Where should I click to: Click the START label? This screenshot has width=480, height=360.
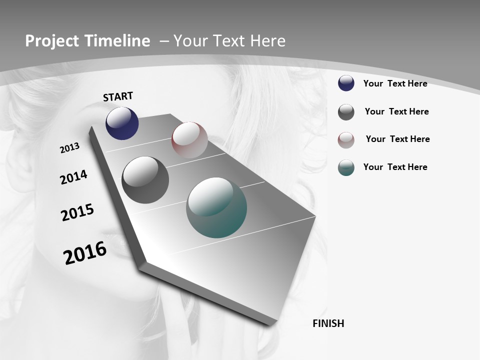click(118, 96)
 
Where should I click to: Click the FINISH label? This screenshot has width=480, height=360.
click(328, 323)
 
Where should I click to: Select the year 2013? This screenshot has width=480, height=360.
click(69, 148)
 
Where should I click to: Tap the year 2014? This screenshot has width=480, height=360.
click(73, 177)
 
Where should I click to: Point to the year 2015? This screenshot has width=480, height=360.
click(77, 212)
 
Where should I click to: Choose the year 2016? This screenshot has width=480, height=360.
click(85, 253)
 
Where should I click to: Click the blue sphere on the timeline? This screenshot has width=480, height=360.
click(122, 123)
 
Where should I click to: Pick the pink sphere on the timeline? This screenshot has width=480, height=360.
click(189, 140)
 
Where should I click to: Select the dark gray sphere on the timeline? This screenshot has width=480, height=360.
click(145, 180)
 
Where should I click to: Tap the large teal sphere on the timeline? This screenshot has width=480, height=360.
click(216, 207)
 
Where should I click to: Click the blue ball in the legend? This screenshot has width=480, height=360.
click(346, 83)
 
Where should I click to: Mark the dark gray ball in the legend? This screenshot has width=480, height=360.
click(346, 112)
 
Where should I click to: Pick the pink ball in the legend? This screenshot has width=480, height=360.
click(346, 140)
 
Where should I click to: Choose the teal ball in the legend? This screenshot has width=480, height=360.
click(346, 167)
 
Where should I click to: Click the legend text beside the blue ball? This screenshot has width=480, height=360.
click(395, 83)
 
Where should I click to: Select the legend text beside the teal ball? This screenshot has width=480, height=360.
click(395, 167)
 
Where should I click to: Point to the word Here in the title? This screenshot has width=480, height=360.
click(268, 41)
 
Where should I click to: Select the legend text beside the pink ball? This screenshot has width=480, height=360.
click(397, 139)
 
